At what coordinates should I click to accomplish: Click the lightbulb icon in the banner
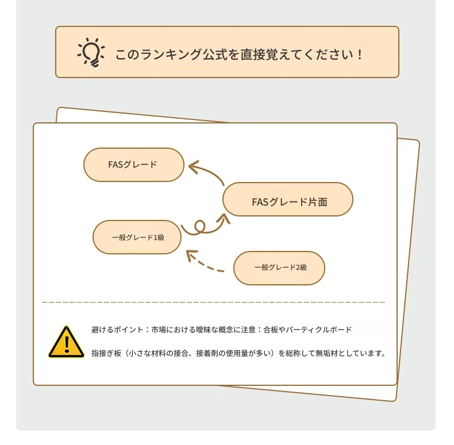click(x=91, y=52)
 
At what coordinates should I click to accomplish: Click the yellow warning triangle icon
click(x=66, y=342)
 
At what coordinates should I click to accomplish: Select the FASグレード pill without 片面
click(x=134, y=165)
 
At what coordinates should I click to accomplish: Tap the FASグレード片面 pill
click(x=288, y=199)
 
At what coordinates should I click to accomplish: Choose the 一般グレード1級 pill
click(x=137, y=237)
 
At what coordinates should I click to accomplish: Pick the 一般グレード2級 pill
click(x=279, y=268)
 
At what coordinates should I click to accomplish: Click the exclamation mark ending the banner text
click(x=360, y=55)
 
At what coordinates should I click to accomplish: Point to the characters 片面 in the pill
click(x=318, y=202)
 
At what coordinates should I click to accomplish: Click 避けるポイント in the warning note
click(x=117, y=330)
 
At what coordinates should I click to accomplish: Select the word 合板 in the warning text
click(x=271, y=330)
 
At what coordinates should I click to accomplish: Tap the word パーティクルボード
click(x=319, y=330)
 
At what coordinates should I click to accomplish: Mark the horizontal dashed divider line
click(x=213, y=302)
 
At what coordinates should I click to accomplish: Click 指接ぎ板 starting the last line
click(x=106, y=353)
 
